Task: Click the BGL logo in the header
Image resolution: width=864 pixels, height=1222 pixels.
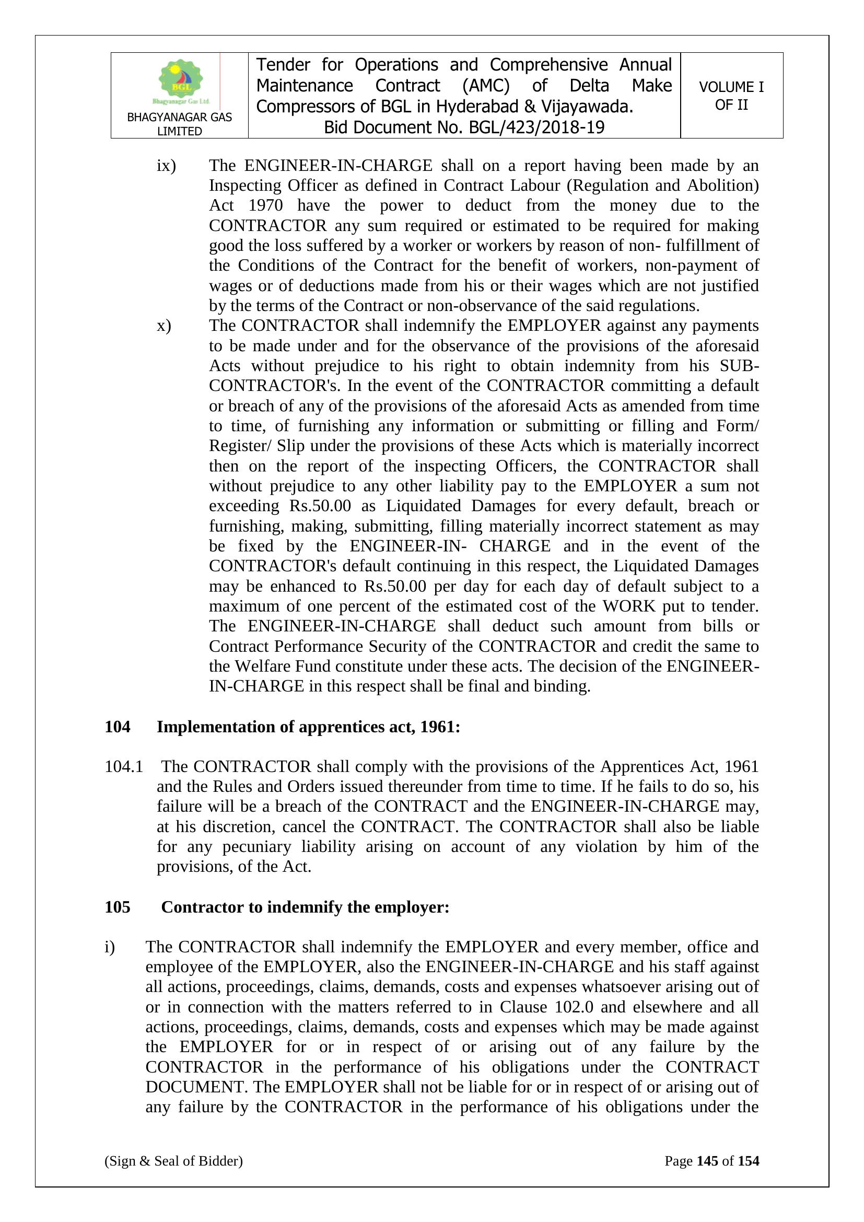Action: coord(180,81)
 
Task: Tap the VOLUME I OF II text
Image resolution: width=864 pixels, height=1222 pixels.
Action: coord(731,96)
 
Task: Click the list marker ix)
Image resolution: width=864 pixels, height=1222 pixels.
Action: coord(166,166)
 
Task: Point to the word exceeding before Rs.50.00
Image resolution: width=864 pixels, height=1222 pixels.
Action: coord(243,505)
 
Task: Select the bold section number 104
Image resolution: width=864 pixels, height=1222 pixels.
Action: coord(118,727)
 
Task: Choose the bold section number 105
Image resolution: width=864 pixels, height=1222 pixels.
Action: coord(118,907)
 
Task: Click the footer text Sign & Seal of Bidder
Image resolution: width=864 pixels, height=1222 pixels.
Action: coord(173,1161)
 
